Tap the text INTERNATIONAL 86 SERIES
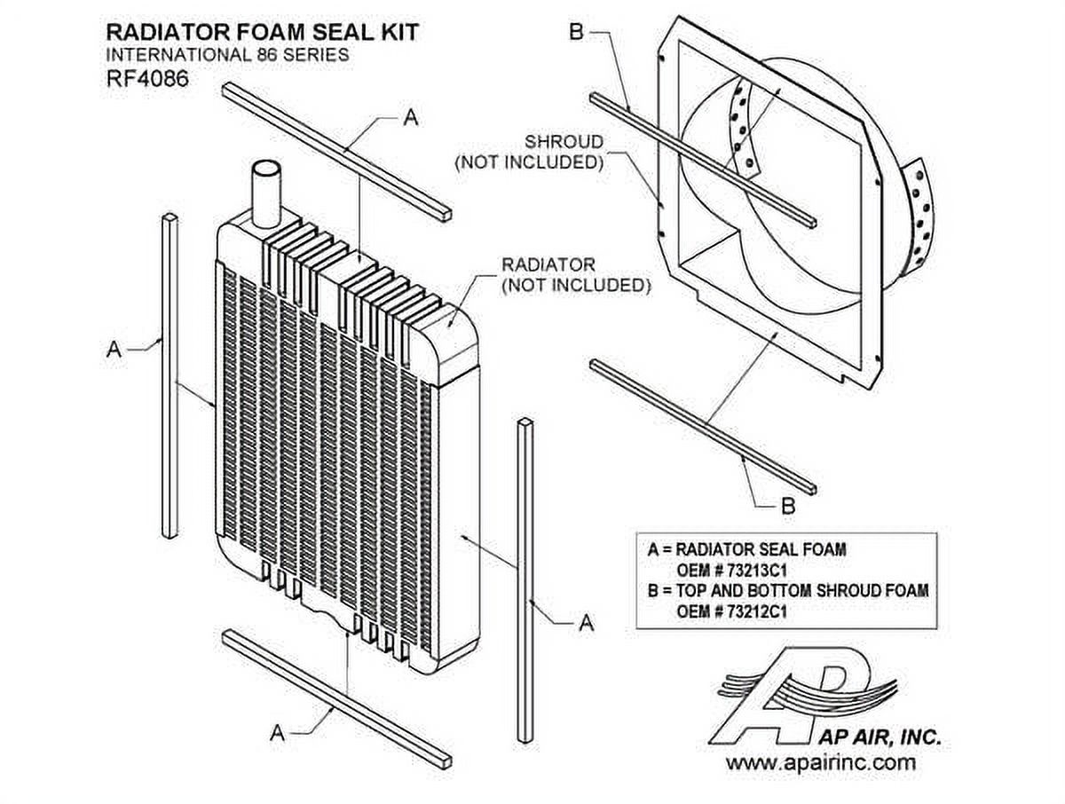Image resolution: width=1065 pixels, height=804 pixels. (x=227, y=55)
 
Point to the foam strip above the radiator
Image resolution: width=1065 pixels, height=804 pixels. (x=337, y=151)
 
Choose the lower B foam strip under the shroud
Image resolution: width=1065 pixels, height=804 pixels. (x=701, y=426)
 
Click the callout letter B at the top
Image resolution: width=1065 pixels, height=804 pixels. (x=575, y=34)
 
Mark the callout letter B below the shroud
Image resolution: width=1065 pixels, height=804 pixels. (x=787, y=507)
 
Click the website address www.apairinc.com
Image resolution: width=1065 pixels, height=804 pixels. (x=821, y=761)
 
